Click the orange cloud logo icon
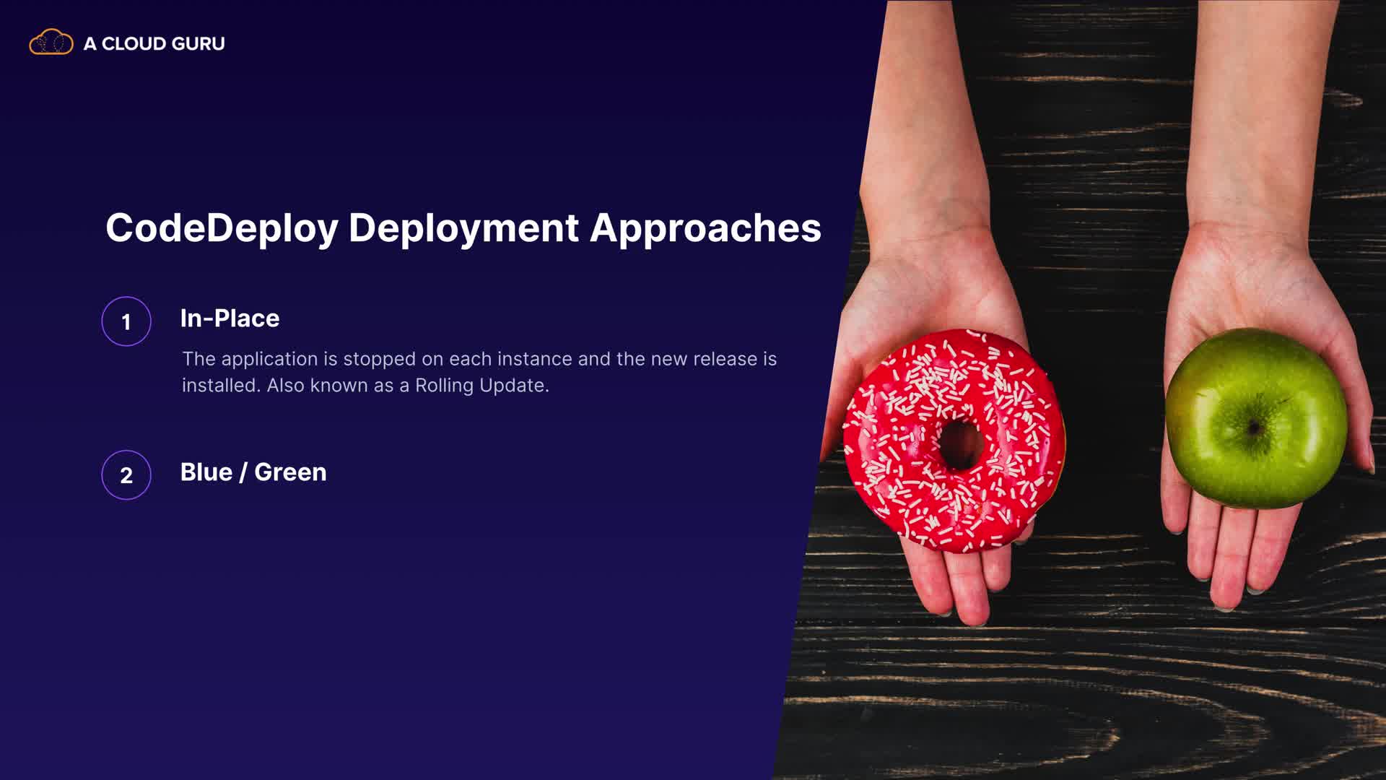coord(51,43)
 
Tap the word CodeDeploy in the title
coord(222,229)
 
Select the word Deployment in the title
coord(463,229)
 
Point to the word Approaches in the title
coord(705,229)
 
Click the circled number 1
coord(126,321)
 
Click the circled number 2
coord(126,475)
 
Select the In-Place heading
coord(230,318)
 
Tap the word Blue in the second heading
coord(206,472)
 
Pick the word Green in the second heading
coord(290,472)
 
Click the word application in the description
coord(269,360)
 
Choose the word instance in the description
coord(534,359)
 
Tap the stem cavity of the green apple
coord(1255,428)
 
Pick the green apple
coord(1256,417)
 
